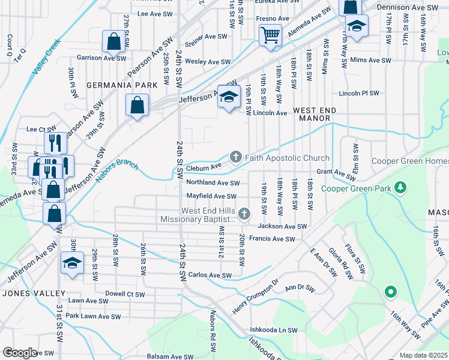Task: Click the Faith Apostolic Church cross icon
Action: [236, 158]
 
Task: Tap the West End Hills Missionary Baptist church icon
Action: [244, 214]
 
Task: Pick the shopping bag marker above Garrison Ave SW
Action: [113, 41]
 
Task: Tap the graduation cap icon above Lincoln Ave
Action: [228, 97]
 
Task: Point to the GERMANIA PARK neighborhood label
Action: [122, 85]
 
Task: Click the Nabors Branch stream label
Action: [117, 172]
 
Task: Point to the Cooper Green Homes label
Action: [409, 161]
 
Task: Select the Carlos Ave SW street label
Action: [209, 275]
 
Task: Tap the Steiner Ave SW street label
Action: [206, 37]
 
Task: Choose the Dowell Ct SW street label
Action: [125, 295]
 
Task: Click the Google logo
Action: [20, 353]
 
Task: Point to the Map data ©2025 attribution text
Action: [423, 355]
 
